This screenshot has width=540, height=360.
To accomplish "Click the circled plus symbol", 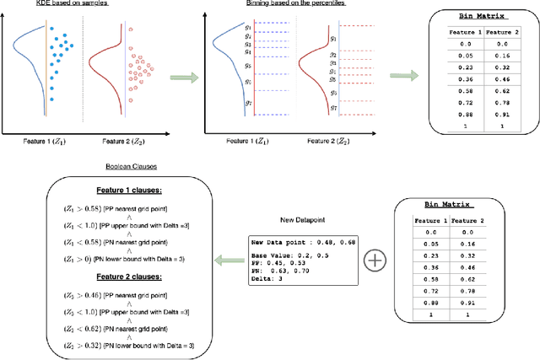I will [x=374, y=261].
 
